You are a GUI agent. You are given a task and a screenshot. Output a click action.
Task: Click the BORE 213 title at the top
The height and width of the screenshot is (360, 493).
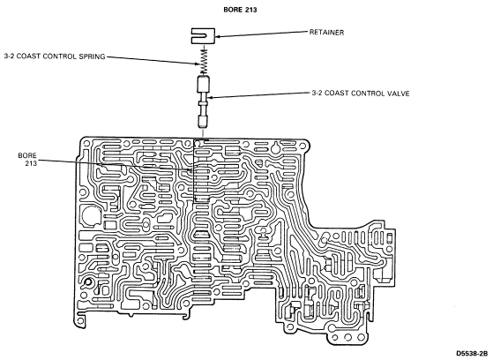[x=240, y=10]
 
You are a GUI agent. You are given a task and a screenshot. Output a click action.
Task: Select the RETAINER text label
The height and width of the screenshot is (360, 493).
[x=326, y=32]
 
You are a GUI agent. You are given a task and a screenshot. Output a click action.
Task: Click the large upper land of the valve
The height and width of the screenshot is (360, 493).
[x=204, y=84]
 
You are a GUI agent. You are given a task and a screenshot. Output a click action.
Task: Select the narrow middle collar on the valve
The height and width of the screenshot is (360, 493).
[x=204, y=103]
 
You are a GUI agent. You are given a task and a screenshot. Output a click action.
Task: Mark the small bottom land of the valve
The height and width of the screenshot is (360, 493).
[x=204, y=121]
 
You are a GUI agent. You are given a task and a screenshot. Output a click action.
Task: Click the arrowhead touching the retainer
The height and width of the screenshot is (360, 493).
[x=218, y=36]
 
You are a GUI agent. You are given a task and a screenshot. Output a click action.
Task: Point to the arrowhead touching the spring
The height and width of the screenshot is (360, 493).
[x=198, y=64]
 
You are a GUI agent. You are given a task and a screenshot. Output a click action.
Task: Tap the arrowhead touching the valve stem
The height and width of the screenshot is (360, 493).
[x=211, y=97]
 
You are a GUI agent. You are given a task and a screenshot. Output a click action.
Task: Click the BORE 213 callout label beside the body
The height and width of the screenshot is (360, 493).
[x=27, y=159]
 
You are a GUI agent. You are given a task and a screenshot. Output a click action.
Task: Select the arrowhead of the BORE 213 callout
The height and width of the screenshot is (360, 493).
[x=190, y=170]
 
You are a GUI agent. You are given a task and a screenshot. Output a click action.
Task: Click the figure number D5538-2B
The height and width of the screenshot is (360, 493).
[x=471, y=354]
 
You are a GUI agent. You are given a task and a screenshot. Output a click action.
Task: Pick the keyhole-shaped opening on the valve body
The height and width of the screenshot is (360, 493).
[x=275, y=148]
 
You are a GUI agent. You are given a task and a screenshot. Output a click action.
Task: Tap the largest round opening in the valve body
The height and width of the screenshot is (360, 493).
[x=91, y=215]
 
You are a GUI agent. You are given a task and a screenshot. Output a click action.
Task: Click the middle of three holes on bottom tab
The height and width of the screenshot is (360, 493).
[x=347, y=337]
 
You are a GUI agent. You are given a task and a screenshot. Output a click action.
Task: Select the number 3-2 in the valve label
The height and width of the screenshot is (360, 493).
[x=317, y=94]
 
